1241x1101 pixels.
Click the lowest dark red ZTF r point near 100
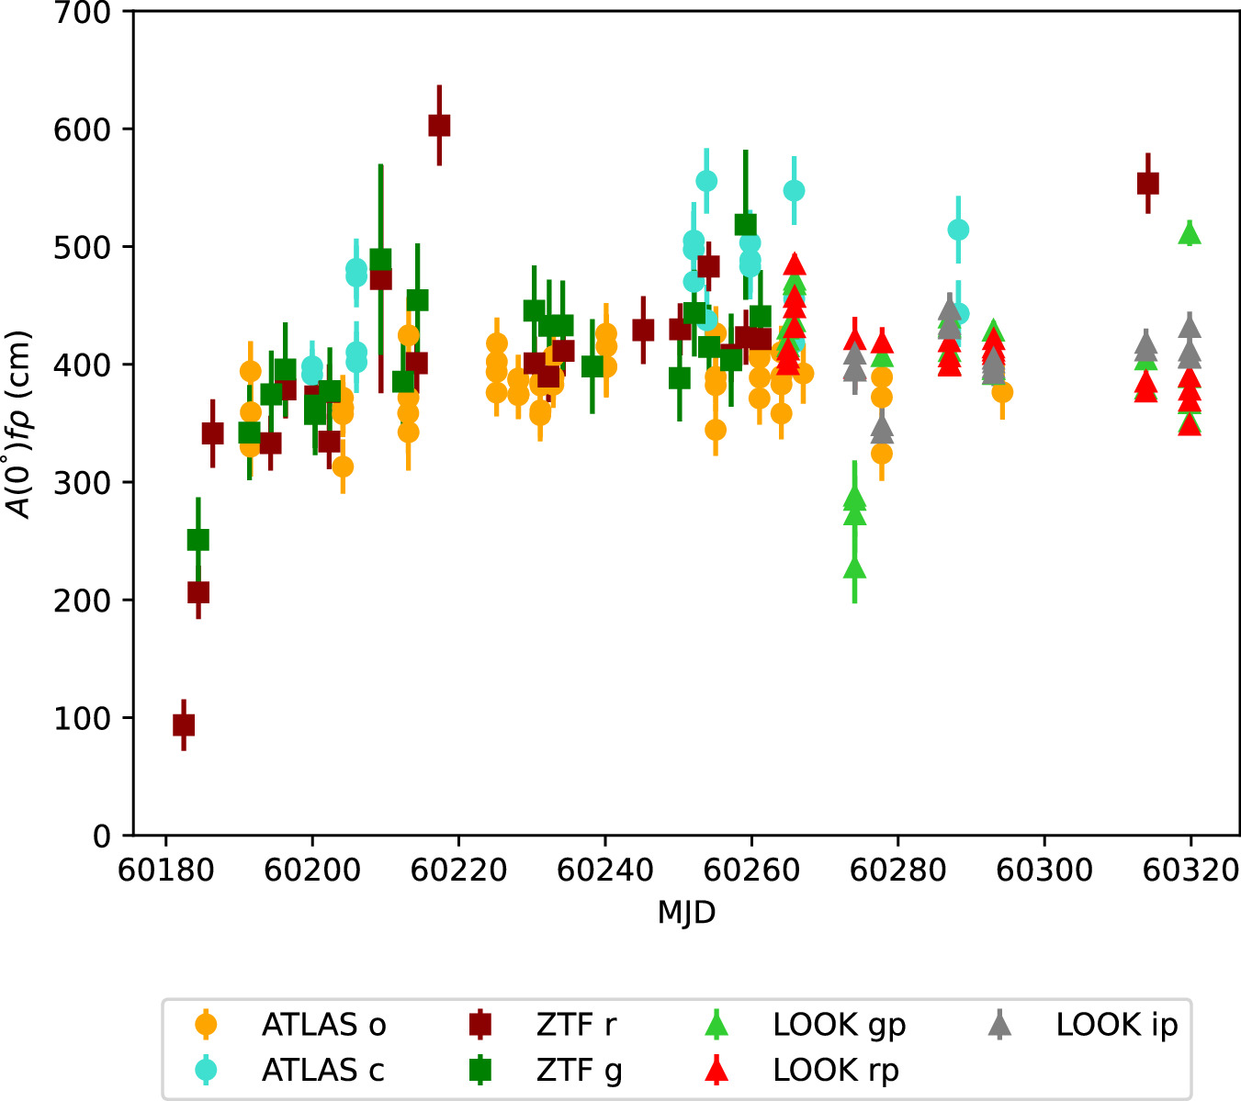tap(184, 725)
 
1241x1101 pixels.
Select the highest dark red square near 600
tap(439, 126)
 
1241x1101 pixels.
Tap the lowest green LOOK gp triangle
tap(855, 567)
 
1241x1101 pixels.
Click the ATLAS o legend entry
tap(323, 1025)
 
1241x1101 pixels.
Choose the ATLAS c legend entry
tap(323, 1070)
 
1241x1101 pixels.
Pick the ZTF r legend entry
tap(576, 1025)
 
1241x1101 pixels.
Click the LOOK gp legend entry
tap(839, 1025)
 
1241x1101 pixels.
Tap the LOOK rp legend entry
tap(836, 1070)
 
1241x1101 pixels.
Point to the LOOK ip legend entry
tap(1116, 1025)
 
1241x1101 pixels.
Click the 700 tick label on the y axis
tap(84, 13)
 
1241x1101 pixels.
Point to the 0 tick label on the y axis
tap(102, 837)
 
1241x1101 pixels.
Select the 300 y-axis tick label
tap(84, 483)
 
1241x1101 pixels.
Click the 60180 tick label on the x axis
tap(165, 870)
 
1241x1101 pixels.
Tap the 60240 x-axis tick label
tap(605, 870)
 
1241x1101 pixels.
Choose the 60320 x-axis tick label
tap(1191, 870)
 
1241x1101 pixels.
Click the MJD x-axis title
tap(686, 913)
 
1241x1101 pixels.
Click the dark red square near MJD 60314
tap(1147, 184)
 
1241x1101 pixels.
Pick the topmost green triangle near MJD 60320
tap(1190, 233)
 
